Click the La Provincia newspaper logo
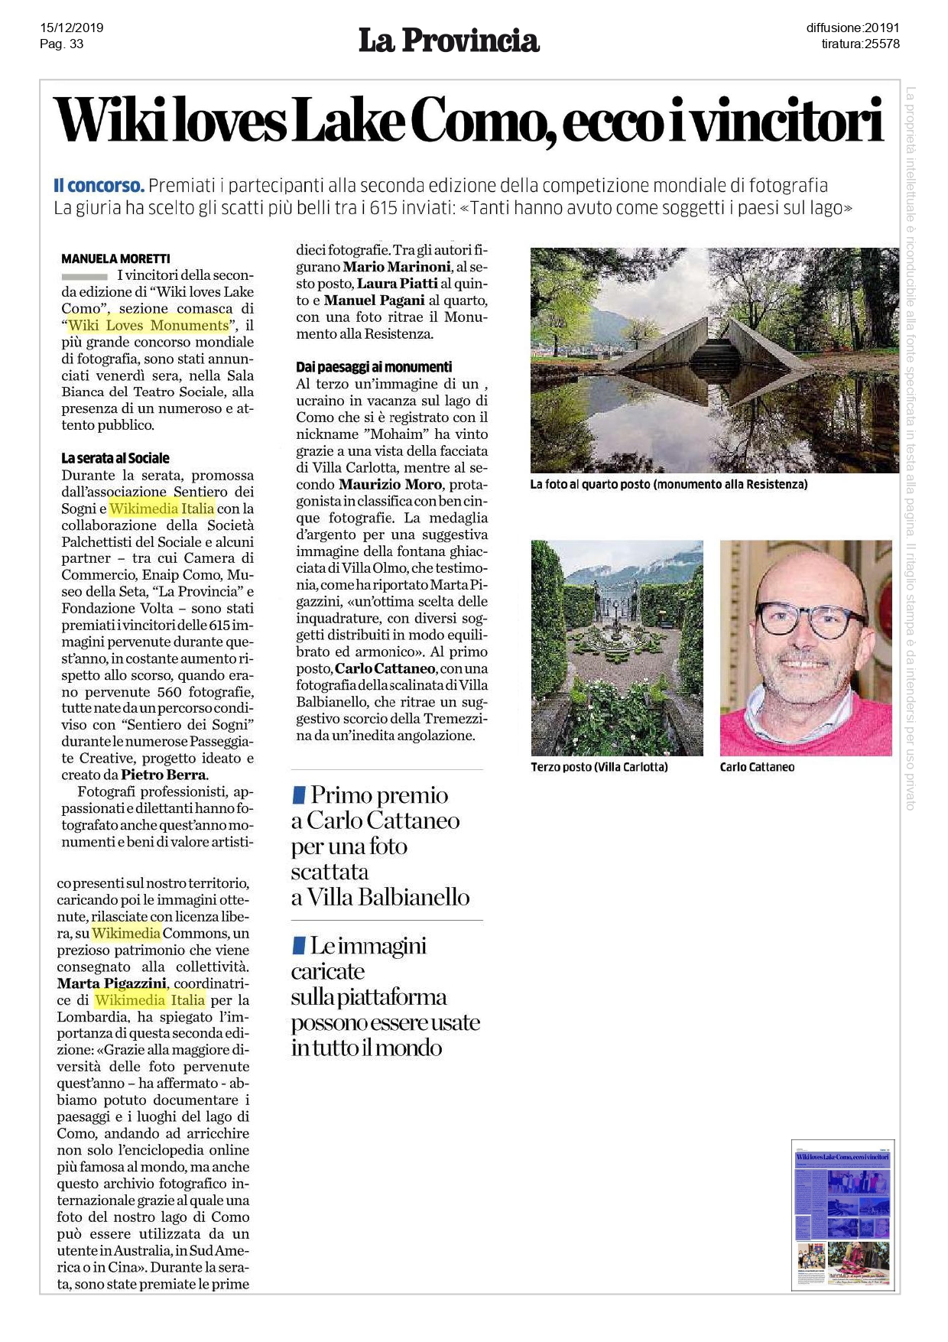click(449, 41)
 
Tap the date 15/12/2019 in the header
click(72, 28)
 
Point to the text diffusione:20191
click(852, 28)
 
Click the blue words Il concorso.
click(99, 186)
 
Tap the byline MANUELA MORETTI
click(115, 258)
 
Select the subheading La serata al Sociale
click(115, 458)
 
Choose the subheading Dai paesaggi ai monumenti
click(374, 367)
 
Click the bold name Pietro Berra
click(164, 775)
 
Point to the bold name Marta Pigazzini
click(111, 983)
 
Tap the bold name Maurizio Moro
click(390, 485)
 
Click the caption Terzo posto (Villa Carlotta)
click(599, 767)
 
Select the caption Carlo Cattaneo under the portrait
click(757, 767)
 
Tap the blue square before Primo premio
click(300, 795)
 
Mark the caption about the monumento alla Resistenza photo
click(668, 484)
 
